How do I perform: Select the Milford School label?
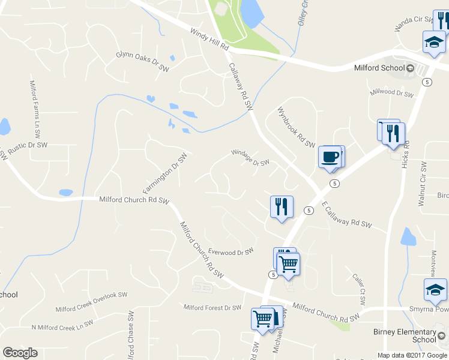(x=380, y=68)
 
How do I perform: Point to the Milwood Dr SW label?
(x=393, y=93)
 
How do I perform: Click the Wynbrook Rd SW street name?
(x=295, y=127)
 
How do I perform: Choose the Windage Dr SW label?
(x=250, y=158)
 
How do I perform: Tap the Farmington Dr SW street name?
(x=165, y=172)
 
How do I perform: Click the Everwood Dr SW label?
(x=231, y=253)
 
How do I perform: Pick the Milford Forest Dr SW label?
(x=212, y=308)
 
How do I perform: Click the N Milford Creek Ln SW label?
(x=62, y=325)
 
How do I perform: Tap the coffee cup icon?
(x=330, y=157)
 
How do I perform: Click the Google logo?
(x=20, y=353)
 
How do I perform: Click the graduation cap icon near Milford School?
(x=433, y=43)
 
